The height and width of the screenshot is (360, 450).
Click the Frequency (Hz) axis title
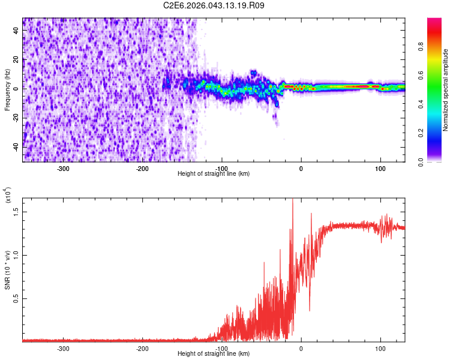tap(7, 90)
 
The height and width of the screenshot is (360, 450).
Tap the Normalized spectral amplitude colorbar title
tap(445, 90)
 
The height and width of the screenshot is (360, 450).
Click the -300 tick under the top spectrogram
tap(64, 169)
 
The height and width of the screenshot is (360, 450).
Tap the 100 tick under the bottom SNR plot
tap(380, 348)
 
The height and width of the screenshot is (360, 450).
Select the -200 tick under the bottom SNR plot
tap(143, 348)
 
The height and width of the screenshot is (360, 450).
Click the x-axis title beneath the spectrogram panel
tap(214, 174)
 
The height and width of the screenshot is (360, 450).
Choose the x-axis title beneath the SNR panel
tap(214, 354)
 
